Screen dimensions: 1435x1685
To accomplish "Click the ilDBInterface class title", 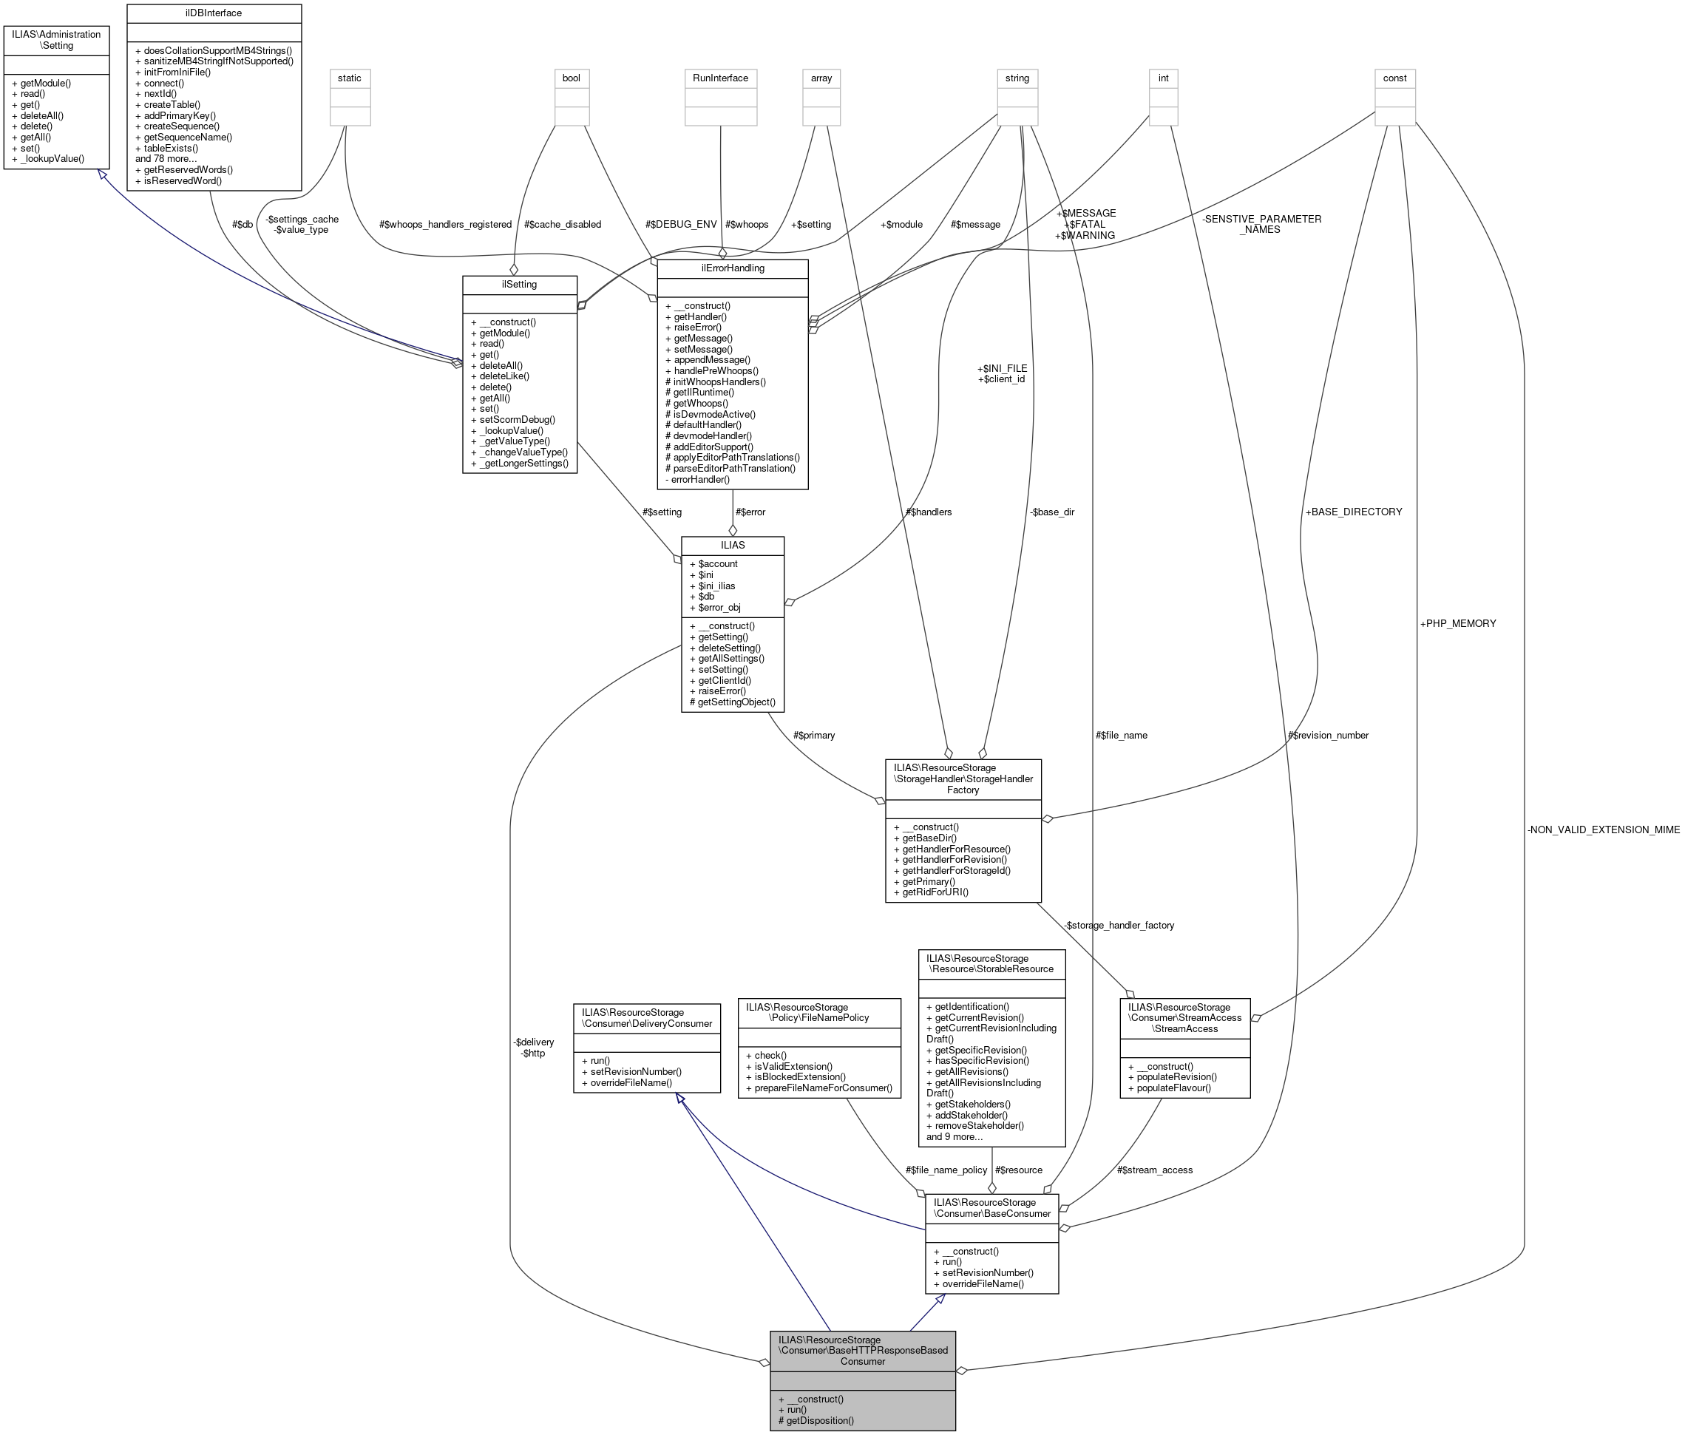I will point(214,13).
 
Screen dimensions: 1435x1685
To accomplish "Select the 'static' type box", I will point(350,78).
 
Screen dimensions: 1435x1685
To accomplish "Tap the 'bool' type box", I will point(571,78).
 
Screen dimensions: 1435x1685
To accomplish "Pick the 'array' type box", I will point(821,78).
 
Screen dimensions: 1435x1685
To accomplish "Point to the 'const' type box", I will point(1394,78).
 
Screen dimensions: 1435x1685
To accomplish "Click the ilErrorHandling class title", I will point(732,268).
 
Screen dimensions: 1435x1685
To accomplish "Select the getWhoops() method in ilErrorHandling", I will point(697,403).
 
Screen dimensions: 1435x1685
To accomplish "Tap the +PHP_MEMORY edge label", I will point(1457,623).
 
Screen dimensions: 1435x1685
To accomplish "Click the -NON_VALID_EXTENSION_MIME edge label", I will point(1603,830).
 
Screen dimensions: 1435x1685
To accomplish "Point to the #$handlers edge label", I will point(928,512).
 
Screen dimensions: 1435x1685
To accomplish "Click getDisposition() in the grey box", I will point(816,1420).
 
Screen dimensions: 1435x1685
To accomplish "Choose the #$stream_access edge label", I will point(1154,1170).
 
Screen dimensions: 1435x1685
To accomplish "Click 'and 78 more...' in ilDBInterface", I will point(166,158).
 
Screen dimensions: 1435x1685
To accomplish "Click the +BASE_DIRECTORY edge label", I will point(1353,512).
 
